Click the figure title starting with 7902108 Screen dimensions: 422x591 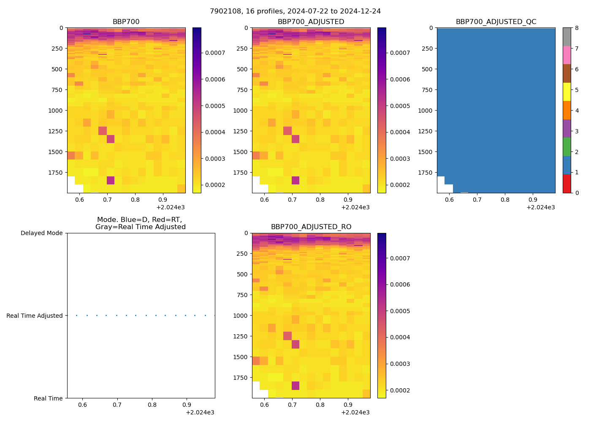point(295,11)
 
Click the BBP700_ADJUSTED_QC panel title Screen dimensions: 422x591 point(496,22)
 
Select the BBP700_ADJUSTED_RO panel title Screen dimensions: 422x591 point(311,227)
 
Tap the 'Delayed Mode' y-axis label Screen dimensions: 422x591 point(41,233)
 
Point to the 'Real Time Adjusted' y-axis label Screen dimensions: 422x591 point(34,316)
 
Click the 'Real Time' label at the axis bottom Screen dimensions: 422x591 point(48,398)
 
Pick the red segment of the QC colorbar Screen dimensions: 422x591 point(567,184)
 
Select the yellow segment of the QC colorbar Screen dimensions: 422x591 point(567,92)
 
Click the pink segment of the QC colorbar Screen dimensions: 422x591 point(567,55)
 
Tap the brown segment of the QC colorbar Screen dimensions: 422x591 point(567,73)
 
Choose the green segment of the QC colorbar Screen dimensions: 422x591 point(567,147)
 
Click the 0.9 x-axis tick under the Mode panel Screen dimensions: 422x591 point(187,405)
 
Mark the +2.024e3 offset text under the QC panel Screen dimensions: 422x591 point(540,207)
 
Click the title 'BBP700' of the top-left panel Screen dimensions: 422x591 point(126,22)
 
